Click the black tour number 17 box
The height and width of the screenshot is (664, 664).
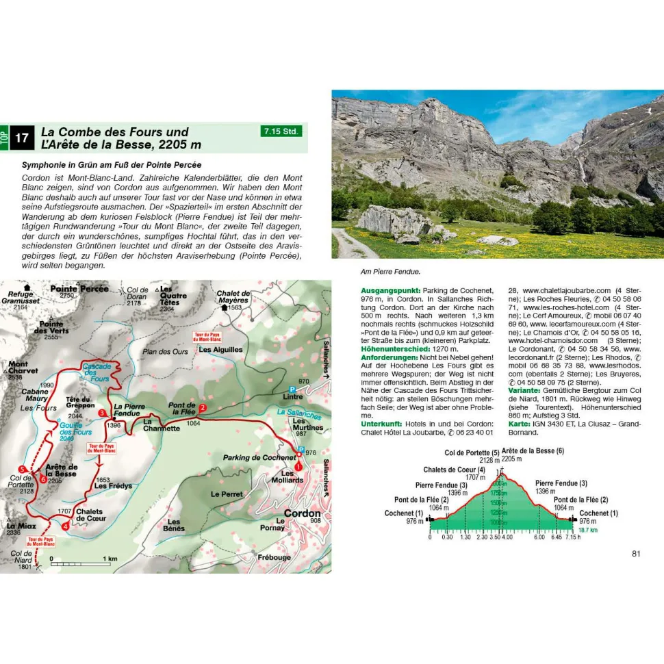[22, 138]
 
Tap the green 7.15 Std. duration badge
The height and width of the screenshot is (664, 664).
[281, 131]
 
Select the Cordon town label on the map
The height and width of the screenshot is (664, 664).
[301, 513]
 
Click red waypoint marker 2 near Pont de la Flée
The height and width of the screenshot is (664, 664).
[203, 409]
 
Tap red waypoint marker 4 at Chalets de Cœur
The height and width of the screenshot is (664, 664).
[65, 526]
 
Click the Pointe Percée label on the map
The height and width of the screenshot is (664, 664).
[80, 289]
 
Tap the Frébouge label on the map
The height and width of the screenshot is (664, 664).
[274, 557]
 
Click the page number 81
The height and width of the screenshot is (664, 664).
[636, 554]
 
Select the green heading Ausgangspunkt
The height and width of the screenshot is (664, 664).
[391, 291]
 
